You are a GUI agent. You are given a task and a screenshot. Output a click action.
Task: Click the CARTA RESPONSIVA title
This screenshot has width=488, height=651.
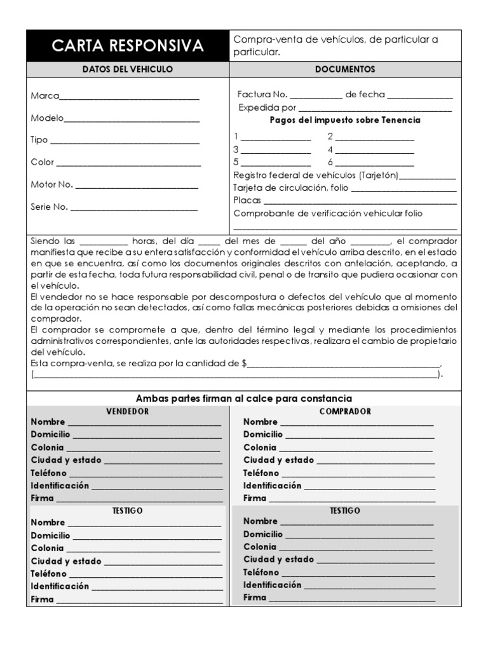[x=128, y=46]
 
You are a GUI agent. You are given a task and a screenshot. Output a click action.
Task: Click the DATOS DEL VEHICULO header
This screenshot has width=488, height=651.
[x=128, y=69]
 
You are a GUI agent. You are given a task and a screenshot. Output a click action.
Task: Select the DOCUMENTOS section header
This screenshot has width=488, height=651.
[x=345, y=69]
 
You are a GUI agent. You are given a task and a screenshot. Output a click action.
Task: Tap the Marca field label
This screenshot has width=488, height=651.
[x=44, y=96]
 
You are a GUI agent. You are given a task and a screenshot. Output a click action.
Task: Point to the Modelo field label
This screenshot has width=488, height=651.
[x=47, y=118]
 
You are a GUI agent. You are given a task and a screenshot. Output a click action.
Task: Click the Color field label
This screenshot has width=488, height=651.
[x=43, y=162]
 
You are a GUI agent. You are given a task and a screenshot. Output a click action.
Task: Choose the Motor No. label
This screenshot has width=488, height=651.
[x=52, y=184]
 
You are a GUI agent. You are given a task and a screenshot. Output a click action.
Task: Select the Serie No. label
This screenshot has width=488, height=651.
[x=50, y=207]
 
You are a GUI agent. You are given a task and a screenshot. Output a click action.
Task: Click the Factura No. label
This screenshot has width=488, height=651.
[x=262, y=94]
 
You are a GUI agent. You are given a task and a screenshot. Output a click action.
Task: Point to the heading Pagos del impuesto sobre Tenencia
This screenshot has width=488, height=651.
[x=345, y=120]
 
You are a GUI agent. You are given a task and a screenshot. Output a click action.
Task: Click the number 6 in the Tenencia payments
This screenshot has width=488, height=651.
[x=330, y=162]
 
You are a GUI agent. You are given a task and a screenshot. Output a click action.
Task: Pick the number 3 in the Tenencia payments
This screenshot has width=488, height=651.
[x=236, y=149]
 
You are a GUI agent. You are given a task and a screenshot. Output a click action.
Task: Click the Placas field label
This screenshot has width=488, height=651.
[x=247, y=200]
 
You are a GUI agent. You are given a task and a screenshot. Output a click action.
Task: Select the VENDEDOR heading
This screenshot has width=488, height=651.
[x=127, y=411]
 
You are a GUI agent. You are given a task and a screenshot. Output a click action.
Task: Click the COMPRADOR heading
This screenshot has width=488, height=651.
[x=345, y=411]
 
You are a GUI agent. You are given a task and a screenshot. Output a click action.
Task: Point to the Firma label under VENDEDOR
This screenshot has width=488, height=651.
[x=43, y=498]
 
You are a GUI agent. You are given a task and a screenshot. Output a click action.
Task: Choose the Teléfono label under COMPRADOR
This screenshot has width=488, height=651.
[x=261, y=473]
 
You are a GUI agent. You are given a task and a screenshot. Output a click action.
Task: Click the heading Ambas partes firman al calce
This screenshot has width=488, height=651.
[x=244, y=398]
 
